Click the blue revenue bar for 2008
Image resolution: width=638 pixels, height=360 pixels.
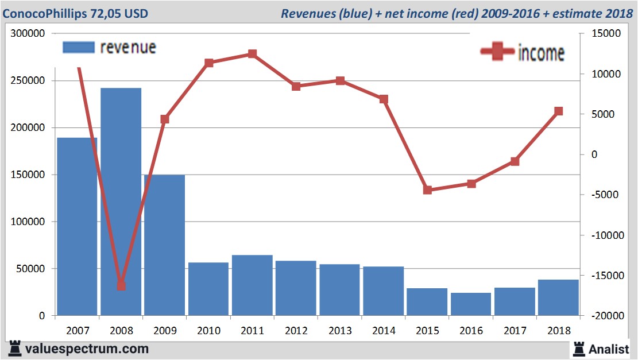click(x=121, y=201)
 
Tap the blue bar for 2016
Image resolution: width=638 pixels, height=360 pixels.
click(x=471, y=304)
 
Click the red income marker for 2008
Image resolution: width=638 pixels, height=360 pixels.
click(x=121, y=285)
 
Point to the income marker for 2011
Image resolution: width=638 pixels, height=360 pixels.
click(x=252, y=54)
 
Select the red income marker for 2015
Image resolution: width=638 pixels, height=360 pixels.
click(x=427, y=190)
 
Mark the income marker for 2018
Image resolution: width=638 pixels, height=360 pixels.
click(x=558, y=111)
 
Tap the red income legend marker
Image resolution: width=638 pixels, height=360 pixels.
click(x=497, y=52)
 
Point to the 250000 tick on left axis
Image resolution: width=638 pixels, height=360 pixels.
click(x=29, y=81)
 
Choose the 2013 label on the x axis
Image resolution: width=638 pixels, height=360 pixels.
click(x=340, y=331)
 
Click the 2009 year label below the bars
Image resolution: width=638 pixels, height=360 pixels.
click(x=165, y=331)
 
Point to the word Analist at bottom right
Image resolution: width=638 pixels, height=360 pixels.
click(x=609, y=349)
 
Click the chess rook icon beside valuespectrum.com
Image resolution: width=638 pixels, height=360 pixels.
click(x=15, y=348)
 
